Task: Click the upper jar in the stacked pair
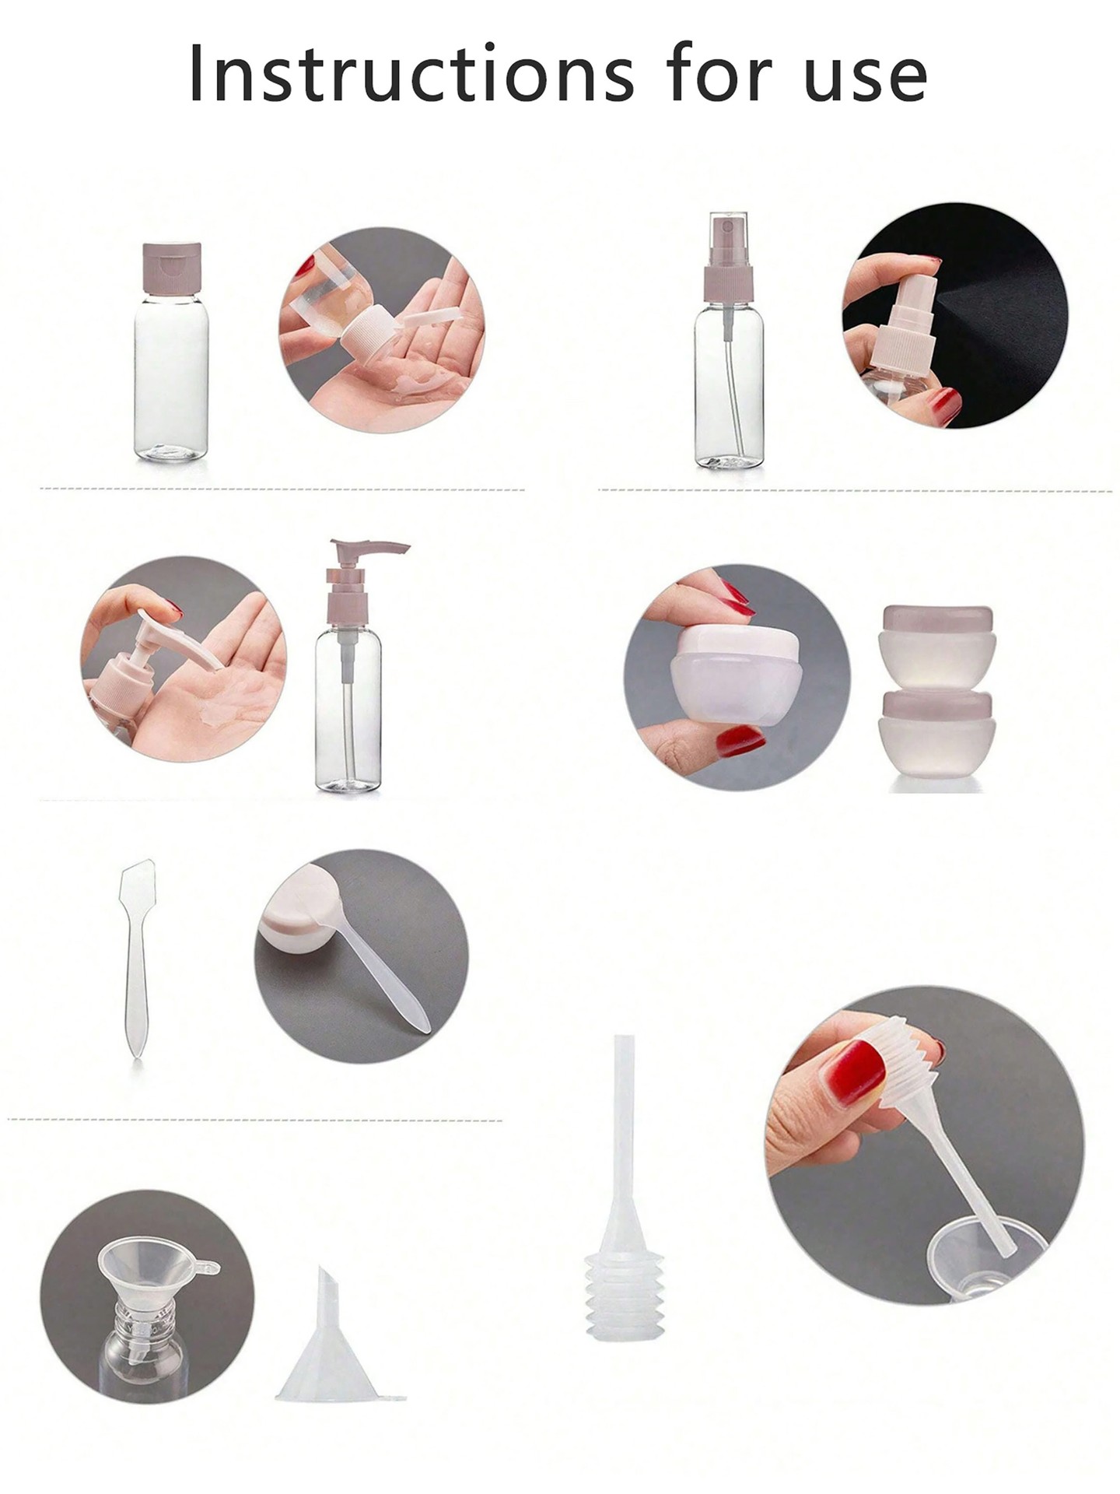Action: click(x=937, y=646)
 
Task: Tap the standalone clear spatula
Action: click(x=136, y=957)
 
